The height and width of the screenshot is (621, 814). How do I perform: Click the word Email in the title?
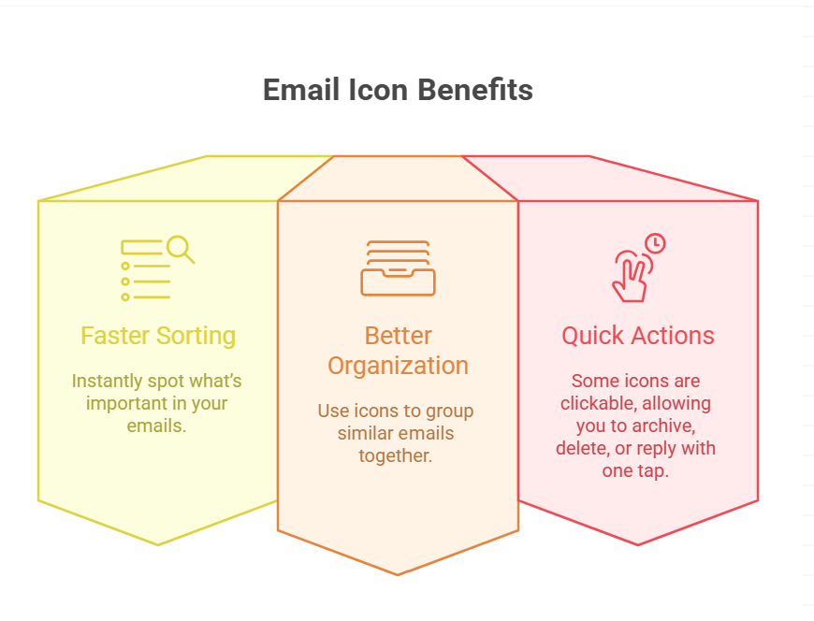(x=301, y=90)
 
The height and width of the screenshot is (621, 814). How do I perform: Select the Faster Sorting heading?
(x=158, y=336)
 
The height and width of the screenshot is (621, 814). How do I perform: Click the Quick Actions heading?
(x=638, y=336)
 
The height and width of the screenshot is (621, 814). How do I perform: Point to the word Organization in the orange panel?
(x=399, y=367)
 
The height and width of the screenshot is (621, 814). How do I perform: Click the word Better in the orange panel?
(x=399, y=336)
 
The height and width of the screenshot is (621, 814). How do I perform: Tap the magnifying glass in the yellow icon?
(x=181, y=249)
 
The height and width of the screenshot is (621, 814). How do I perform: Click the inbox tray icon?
(x=399, y=268)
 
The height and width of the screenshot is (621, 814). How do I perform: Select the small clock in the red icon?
(x=655, y=243)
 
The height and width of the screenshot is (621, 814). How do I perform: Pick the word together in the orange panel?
(x=396, y=456)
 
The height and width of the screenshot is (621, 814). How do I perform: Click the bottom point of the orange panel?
(x=398, y=575)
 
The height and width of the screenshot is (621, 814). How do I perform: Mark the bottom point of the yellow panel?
(x=158, y=544)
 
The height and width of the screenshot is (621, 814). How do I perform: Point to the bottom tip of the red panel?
(x=638, y=544)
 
